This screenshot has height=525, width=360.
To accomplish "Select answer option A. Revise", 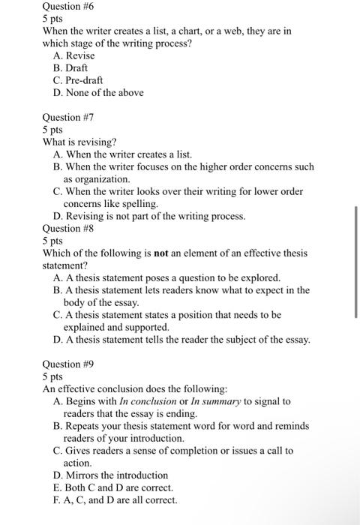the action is pyautogui.click(x=75, y=55).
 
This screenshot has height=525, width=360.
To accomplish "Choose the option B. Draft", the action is pyautogui.click(x=73, y=67).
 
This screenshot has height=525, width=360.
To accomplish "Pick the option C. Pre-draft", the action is pyautogui.click(x=79, y=80).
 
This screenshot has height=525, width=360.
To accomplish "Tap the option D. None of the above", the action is pyautogui.click(x=98, y=92).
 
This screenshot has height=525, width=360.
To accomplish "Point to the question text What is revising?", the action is pyautogui.click(x=79, y=142).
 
